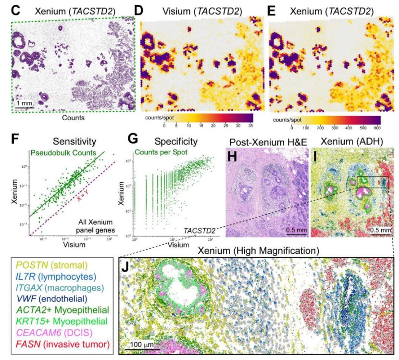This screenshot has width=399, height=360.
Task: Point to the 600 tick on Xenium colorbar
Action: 377,128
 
